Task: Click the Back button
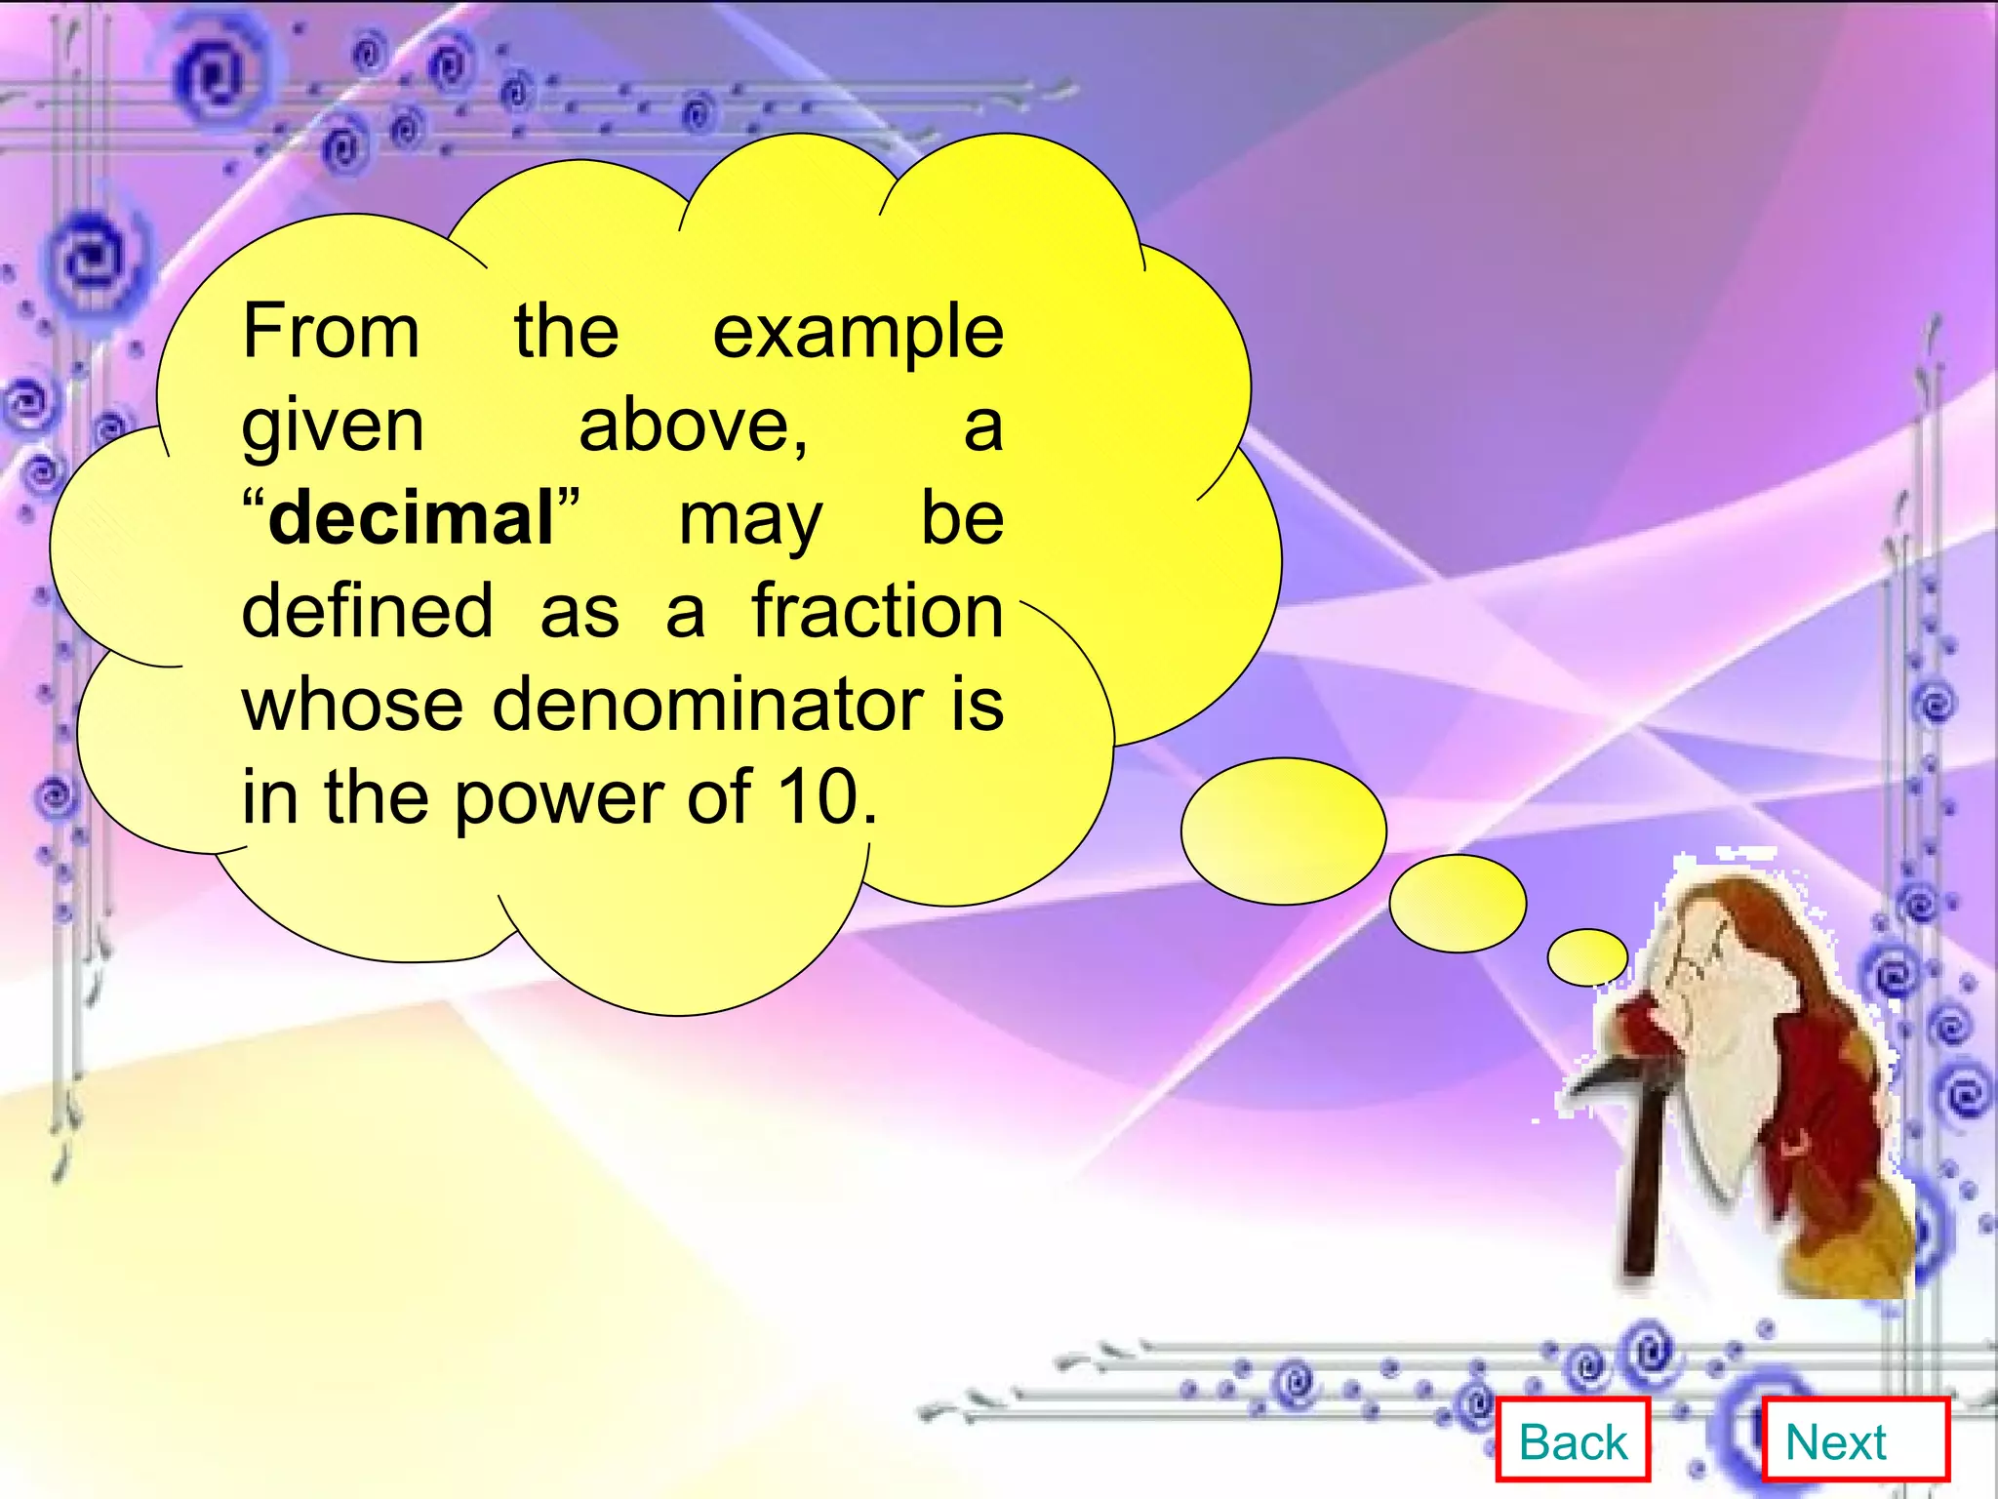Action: pos(1573,1441)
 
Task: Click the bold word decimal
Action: pos(411,518)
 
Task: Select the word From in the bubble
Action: pos(331,332)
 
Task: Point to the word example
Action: pos(858,334)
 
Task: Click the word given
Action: pos(333,427)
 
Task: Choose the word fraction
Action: pos(877,612)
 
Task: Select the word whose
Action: pos(352,704)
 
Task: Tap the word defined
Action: pos(367,612)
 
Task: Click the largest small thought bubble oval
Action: pos(1283,831)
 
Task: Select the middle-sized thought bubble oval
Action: pos(1458,903)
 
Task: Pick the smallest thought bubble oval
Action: pos(1587,956)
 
